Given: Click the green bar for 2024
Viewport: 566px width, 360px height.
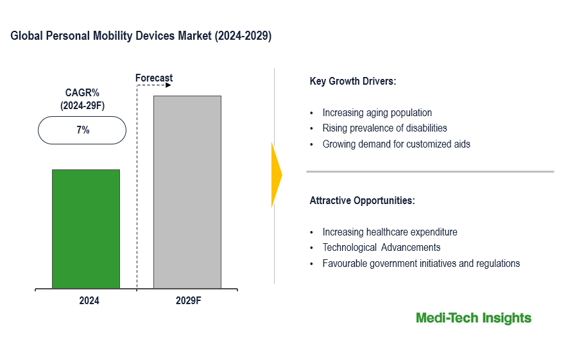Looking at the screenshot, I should click(86, 229).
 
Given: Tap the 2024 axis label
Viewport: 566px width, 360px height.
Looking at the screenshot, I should click(89, 300).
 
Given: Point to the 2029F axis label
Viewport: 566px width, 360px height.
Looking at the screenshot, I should click(189, 300).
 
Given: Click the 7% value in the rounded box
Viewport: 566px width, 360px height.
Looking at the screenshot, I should click(82, 130).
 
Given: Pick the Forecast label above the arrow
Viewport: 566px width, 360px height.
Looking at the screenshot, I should click(154, 78).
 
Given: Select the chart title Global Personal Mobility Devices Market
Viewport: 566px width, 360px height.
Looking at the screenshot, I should click(141, 37).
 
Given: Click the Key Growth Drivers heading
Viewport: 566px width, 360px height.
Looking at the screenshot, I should click(352, 81).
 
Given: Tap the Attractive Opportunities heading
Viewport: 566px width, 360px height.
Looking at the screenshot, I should click(362, 200).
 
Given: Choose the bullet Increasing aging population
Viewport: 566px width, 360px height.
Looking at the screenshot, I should click(377, 113).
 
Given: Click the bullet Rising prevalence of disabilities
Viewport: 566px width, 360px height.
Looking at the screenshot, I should click(384, 128).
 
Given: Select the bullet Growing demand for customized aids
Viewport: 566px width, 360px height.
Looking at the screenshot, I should click(396, 144).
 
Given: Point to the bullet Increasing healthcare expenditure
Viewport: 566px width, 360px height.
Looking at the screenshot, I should click(390, 232).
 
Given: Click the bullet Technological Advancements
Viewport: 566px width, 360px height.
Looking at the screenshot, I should click(381, 248).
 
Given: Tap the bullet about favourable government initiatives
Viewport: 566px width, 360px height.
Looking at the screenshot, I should click(421, 263).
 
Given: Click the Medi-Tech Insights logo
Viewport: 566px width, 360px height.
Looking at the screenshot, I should click(473, 318).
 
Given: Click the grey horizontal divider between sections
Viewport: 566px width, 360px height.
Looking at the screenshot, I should click(429, 171).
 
